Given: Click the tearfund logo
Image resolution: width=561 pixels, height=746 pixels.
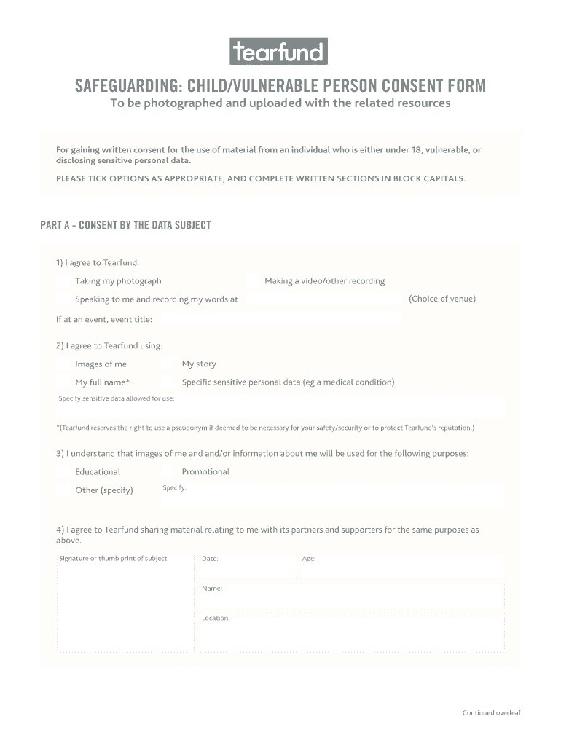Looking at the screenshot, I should click(279, 52).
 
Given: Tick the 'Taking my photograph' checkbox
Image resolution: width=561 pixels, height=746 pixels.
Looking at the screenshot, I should click(65, 281).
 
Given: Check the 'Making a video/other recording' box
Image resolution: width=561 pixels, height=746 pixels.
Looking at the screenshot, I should click(252, 281).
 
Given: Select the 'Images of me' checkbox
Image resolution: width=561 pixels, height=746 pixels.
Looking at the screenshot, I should click(65, 364).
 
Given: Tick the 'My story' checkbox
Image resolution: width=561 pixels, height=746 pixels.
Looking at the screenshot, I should click(170, 364).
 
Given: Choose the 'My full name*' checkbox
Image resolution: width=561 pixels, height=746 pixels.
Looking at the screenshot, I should click(65, 382).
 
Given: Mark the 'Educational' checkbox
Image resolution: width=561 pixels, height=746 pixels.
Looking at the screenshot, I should click(65, 472).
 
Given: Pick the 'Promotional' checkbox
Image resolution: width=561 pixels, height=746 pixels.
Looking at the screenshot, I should click(170, 472).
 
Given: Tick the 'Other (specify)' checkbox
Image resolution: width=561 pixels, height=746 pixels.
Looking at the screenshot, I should click(65, 490).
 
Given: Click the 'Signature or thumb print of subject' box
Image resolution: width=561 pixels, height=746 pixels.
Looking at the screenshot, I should click(125, 605).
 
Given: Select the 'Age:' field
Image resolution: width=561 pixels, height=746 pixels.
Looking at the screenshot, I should click(401, 565).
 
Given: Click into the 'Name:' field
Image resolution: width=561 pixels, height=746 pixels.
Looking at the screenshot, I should click(352, 596).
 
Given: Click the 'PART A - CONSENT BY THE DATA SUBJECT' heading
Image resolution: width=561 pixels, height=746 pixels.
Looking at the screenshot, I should click(125, 225).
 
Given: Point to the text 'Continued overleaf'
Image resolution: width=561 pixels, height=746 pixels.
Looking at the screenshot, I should click(492, 712).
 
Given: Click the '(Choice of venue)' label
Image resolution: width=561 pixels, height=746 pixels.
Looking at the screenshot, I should click(442, 299).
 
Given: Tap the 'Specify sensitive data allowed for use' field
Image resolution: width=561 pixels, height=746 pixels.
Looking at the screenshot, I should click(280, 407).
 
